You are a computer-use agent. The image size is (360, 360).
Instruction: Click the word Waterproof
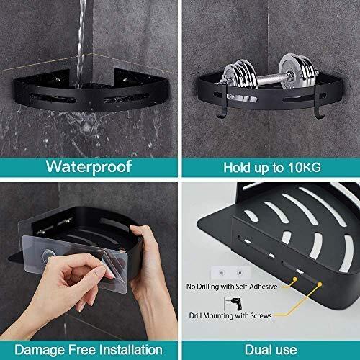point(89,167)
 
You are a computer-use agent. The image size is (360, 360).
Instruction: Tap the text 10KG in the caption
point(302,167)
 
